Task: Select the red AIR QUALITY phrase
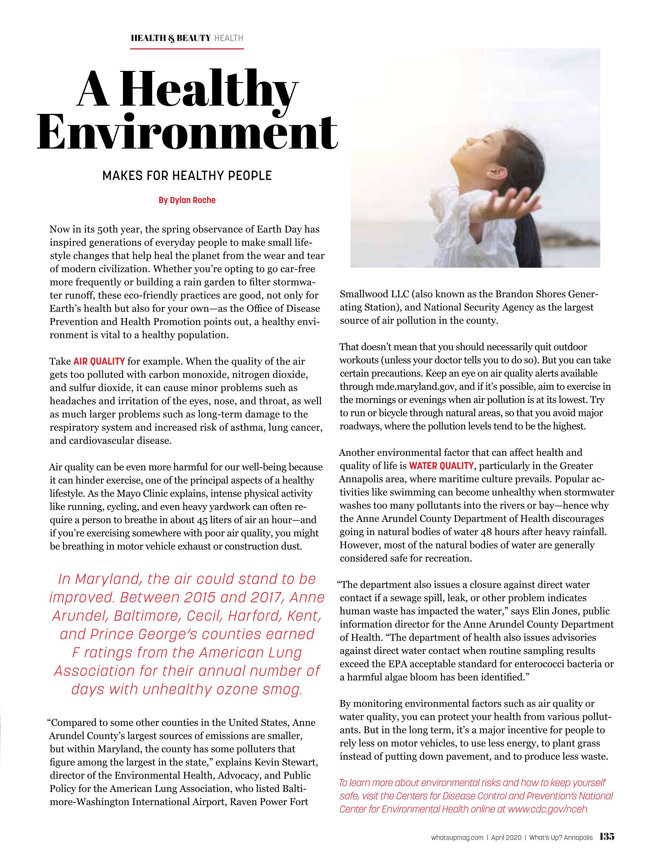point(99,361)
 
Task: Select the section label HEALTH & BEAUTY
point(170,38)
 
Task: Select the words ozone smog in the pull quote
point(258,689)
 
